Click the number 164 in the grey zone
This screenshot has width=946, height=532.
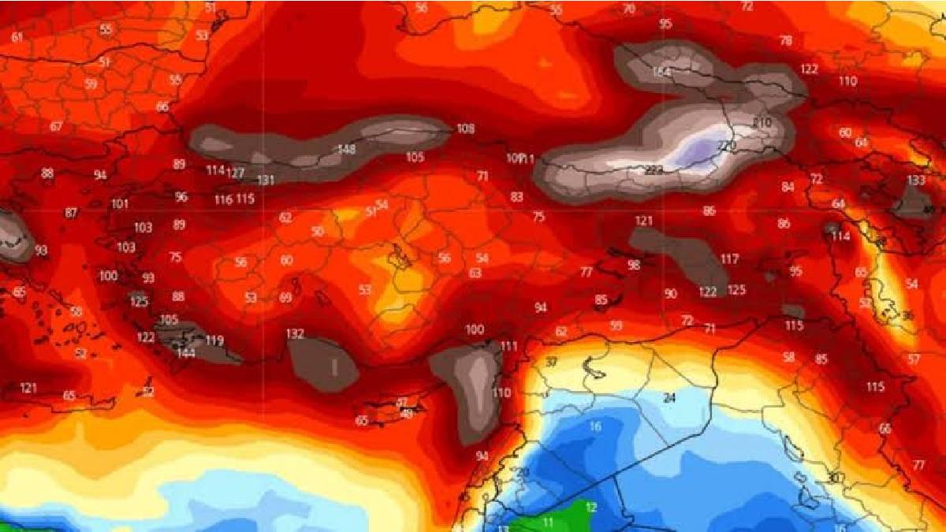(x=661, y=72)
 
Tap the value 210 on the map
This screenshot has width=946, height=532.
(x=762, y=123)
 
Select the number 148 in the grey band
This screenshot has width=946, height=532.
(x=346, y=149)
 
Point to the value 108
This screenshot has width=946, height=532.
(x=466, y=128)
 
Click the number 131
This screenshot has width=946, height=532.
(x=266, y=180)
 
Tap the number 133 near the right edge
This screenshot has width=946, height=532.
(x=916, y=180)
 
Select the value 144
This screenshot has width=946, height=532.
(x=186, y=353)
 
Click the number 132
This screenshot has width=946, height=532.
(x=295, y=334)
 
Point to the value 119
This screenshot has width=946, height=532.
(x=214, y=340)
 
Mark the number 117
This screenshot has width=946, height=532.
(x=729, y=259)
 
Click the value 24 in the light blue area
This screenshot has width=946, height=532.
(x=670, y=396)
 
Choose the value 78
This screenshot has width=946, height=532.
(x=785, y=40)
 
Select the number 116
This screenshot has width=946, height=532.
(x=223, y=199)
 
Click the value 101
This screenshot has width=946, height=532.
(x=120, y=204)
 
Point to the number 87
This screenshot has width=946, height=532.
(x=72, y=213)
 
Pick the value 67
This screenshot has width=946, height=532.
(x=56, y=126)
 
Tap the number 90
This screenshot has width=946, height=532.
(x=670, y=293)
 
